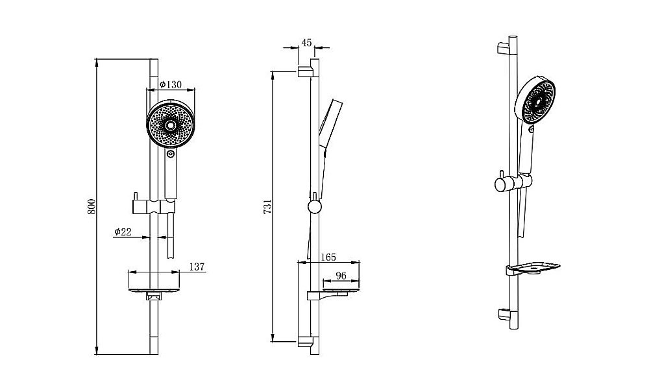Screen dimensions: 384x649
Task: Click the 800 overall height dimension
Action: [92, 206]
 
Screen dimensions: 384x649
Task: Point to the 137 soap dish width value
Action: [197, 267]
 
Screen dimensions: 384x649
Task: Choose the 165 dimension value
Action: [328, 258]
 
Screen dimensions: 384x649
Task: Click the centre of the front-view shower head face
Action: [171, 126]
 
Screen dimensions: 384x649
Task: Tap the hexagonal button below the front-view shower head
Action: [170, 154]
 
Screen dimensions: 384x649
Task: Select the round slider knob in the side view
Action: [315, 208]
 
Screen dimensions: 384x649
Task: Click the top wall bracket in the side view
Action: [304, 70]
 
